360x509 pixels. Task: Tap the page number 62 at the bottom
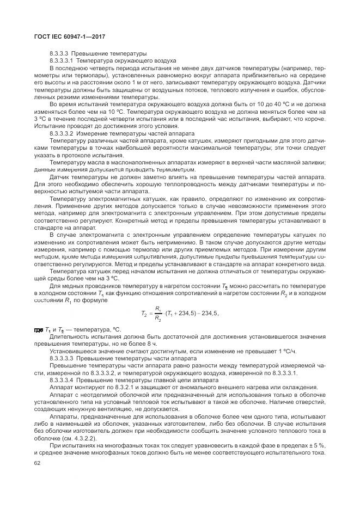point(38,463)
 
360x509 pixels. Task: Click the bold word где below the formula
point(39,330)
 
